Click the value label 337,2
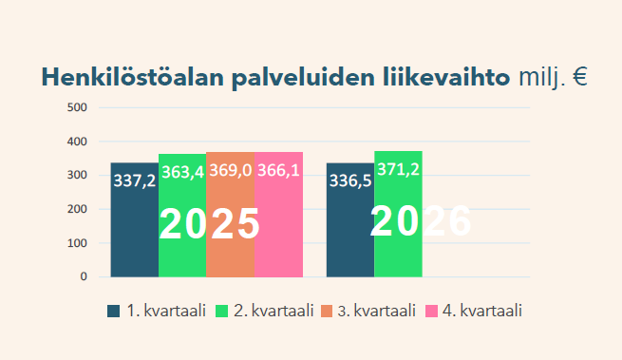[135, 181]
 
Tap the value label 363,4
[183, 172]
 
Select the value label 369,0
[231, 170]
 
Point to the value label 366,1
[278, 170]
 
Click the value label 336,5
[350, 180]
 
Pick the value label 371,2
[398, 169]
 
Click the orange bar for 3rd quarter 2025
[231, 215]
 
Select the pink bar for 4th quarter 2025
[278, 215]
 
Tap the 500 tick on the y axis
[77, 107]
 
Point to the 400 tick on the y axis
[77, 142]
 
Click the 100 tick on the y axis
[77, 243]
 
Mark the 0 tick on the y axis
[84, 276]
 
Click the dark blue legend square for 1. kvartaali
[113, 312]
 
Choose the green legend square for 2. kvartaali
[222, 312]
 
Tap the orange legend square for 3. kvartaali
[327, 312]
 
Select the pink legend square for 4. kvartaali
[431, 312]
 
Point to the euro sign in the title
[579, 77]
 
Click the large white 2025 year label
[209, 224]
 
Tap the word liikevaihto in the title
[446, 77]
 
